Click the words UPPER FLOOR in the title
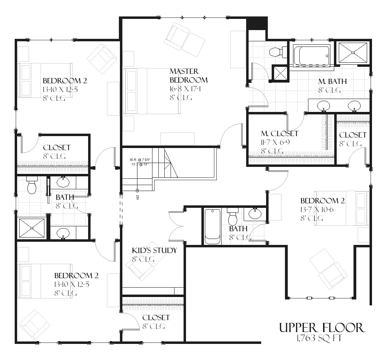pyautogui.click(x=321, y=328)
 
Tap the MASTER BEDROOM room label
pyautogui.click(x=188, y=76)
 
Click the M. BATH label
pyautogui.click(x=332, y=82)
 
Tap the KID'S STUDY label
pyautogui.click(x=154, y=250)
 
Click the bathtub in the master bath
pyautogui.click(x=311, y=56)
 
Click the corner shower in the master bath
pyautogui.click(x=353, y=53)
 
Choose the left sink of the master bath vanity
pyautogui.click(x=324, y=105)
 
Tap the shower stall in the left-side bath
pyautogui.click(x=32, y=228)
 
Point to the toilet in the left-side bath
pyautogui.click(x=32, y=185)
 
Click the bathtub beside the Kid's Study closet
pyautogui.click(x=212, y=226)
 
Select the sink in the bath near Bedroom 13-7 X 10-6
pyautogui.click(x=255, y=213)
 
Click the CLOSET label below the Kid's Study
pyautogui.click(x=156, y=318)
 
